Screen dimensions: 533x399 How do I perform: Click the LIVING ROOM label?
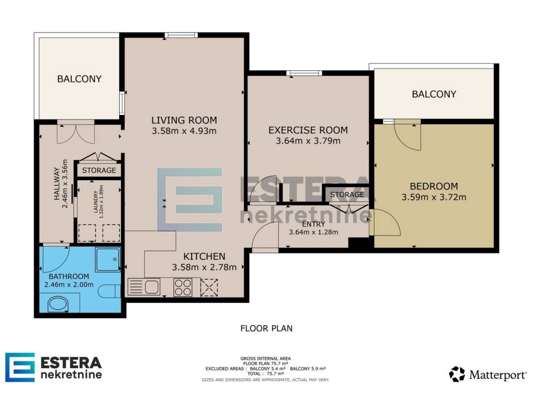(x=184, y=120)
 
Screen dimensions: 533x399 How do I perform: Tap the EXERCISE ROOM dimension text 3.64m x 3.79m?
(x=308, y=141)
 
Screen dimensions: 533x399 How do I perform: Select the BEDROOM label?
(x=434, y=187)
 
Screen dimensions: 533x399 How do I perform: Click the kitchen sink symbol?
(x=144, y=287)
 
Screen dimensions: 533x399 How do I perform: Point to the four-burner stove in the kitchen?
(x=183, y=287)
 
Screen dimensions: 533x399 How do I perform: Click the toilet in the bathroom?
(x=109, y=291)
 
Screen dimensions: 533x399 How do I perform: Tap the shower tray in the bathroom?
(x=108, y=260)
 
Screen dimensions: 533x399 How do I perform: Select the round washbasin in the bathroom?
(x=58, y=304)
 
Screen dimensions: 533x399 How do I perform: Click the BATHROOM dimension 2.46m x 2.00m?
(x=69, y=285)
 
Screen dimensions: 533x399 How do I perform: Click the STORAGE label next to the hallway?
(x=99, y=170)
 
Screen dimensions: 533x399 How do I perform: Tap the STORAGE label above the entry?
(x=347, y=194)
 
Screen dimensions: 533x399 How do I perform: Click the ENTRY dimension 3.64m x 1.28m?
(x=313, y=232)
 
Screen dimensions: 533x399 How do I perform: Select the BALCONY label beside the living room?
(x=79, y=79)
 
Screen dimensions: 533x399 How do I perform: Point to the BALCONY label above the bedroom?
(x=434, y=94)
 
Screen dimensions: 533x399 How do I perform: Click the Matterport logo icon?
(x=456, y=374)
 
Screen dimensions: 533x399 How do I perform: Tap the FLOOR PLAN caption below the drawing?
(x=266, y=328)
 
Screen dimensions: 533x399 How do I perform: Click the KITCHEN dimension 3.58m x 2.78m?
(x=204, y=268)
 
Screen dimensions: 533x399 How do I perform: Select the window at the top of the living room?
(x=181, y=35)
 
